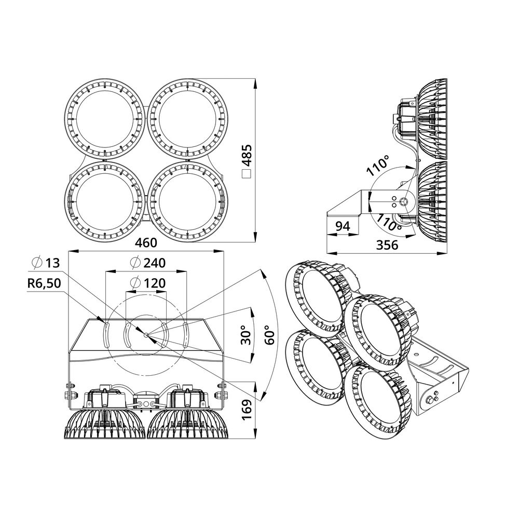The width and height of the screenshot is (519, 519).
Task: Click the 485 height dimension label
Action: click(247, 155)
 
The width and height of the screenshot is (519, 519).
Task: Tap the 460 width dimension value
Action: click(146, 242)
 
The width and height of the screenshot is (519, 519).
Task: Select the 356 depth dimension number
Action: click(387, 245)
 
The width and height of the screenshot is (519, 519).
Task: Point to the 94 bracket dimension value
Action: click(343, 226)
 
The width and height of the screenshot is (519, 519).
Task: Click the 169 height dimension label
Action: click(247, 410)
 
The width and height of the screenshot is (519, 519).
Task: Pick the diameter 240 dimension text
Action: click(147, 263)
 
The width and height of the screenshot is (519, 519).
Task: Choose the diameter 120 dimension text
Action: click(147, 283)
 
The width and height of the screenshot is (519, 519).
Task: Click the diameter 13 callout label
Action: click(46, 263)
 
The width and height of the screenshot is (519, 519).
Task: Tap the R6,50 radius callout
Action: click(44, 283)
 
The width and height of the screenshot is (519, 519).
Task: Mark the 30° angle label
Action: click(246, 335)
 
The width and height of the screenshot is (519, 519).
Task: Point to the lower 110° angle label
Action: click(389, 223)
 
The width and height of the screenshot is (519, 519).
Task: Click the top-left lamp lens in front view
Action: click(105, 119)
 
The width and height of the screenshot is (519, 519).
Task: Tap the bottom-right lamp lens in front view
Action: click(187, 201)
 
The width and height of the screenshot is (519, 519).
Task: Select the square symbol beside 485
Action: click(247, 174)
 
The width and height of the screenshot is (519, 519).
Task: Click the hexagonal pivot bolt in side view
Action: click(404, 201)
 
